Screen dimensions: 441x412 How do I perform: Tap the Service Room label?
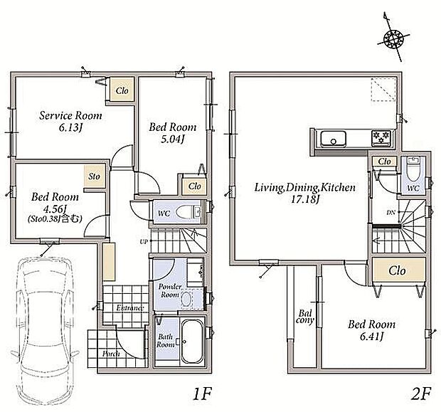[x=70, y=116]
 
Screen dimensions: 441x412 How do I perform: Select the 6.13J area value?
[x=70, y=128]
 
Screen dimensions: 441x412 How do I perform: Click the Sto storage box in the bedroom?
[x=95, y=176]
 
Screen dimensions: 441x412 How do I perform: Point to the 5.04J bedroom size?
[x=172, y=139]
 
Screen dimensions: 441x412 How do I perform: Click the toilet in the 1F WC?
[x=188, y=212]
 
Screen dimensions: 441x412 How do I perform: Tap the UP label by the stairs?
[x=144, y=241]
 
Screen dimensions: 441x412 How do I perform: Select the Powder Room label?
[x=169, y=291]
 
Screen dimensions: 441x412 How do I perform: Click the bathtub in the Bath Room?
[x=192, y=342]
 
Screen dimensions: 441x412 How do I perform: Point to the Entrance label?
[x=130, y=308]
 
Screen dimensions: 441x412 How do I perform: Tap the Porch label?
[x=111, y=354]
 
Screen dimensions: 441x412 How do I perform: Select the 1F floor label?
[x=202, y=394]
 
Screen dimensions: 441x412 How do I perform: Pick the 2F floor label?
[x=420, y=394]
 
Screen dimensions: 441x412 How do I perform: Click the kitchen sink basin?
[x=334, y=139]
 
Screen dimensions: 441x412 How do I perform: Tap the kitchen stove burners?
[x=381, y=138]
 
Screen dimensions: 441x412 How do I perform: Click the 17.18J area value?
[x=305, y=200]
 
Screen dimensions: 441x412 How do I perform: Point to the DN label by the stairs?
[x=391, y=213]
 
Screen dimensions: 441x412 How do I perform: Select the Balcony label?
[x=305, y=317]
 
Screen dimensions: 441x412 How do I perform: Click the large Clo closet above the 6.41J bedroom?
[x=398, y=271]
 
